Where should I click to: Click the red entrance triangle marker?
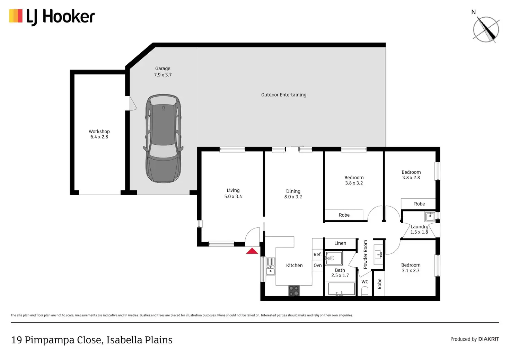[252, 251]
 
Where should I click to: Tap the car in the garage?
[163, 138]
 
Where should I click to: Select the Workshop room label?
[99, 132]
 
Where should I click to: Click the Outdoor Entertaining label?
[284, 95]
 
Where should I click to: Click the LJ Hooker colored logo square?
[16, 16]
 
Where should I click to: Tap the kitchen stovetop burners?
[294, 291]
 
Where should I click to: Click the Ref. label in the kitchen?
[317, 254]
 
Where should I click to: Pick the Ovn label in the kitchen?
[318, 265]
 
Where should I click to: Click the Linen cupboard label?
[340, 243]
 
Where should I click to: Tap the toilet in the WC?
[365, 291]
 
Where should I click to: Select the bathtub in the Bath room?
[342, 289]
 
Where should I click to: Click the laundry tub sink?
[430, 217]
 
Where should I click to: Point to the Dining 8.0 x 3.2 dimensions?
[293, 197]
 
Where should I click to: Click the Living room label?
[233, 190]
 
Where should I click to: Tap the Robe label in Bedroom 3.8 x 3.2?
[344, 215]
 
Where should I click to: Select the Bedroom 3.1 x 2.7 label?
[411, 268]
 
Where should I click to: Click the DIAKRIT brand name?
[489, 339]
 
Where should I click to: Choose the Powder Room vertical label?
[366, 254]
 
